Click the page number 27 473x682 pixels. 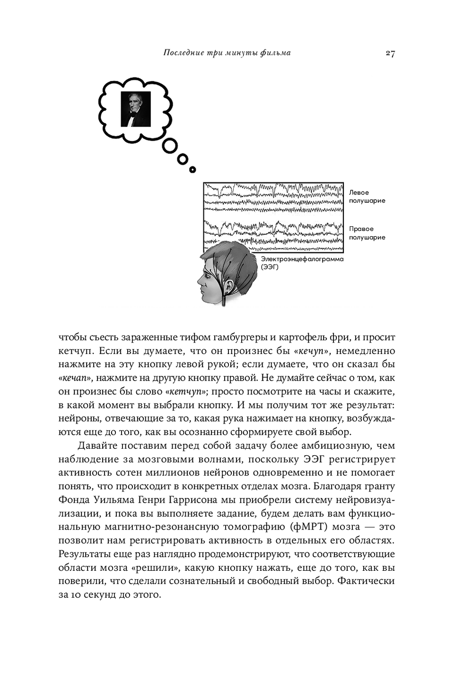390,53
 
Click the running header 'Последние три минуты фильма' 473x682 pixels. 227,53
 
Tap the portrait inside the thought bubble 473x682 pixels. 136,109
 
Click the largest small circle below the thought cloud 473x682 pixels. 170,146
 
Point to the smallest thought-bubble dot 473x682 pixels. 192,169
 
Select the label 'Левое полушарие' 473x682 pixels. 367,196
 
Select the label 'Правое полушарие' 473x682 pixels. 367,233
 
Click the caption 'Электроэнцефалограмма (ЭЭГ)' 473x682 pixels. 302,263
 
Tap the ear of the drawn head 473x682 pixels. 228,286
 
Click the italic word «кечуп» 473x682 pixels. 311,351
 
